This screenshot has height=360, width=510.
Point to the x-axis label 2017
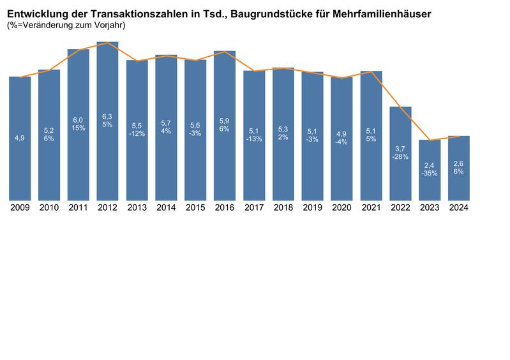[254, 207]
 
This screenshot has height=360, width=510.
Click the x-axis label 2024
[459, 207]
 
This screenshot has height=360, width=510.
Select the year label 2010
[49, 207]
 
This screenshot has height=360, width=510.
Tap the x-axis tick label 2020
[341, 207]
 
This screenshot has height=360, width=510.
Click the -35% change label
[430, 173]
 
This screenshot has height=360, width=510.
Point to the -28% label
[400, 156]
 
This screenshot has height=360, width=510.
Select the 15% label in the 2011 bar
[79, 128]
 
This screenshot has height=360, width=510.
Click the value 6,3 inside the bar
[107, 117]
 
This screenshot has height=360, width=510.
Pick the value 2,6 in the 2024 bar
[459, 164]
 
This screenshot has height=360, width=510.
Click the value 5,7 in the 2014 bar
[166, 124]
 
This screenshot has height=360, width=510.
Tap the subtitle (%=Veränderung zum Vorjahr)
[66, 26]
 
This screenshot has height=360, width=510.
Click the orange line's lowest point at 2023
[430, 140]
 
